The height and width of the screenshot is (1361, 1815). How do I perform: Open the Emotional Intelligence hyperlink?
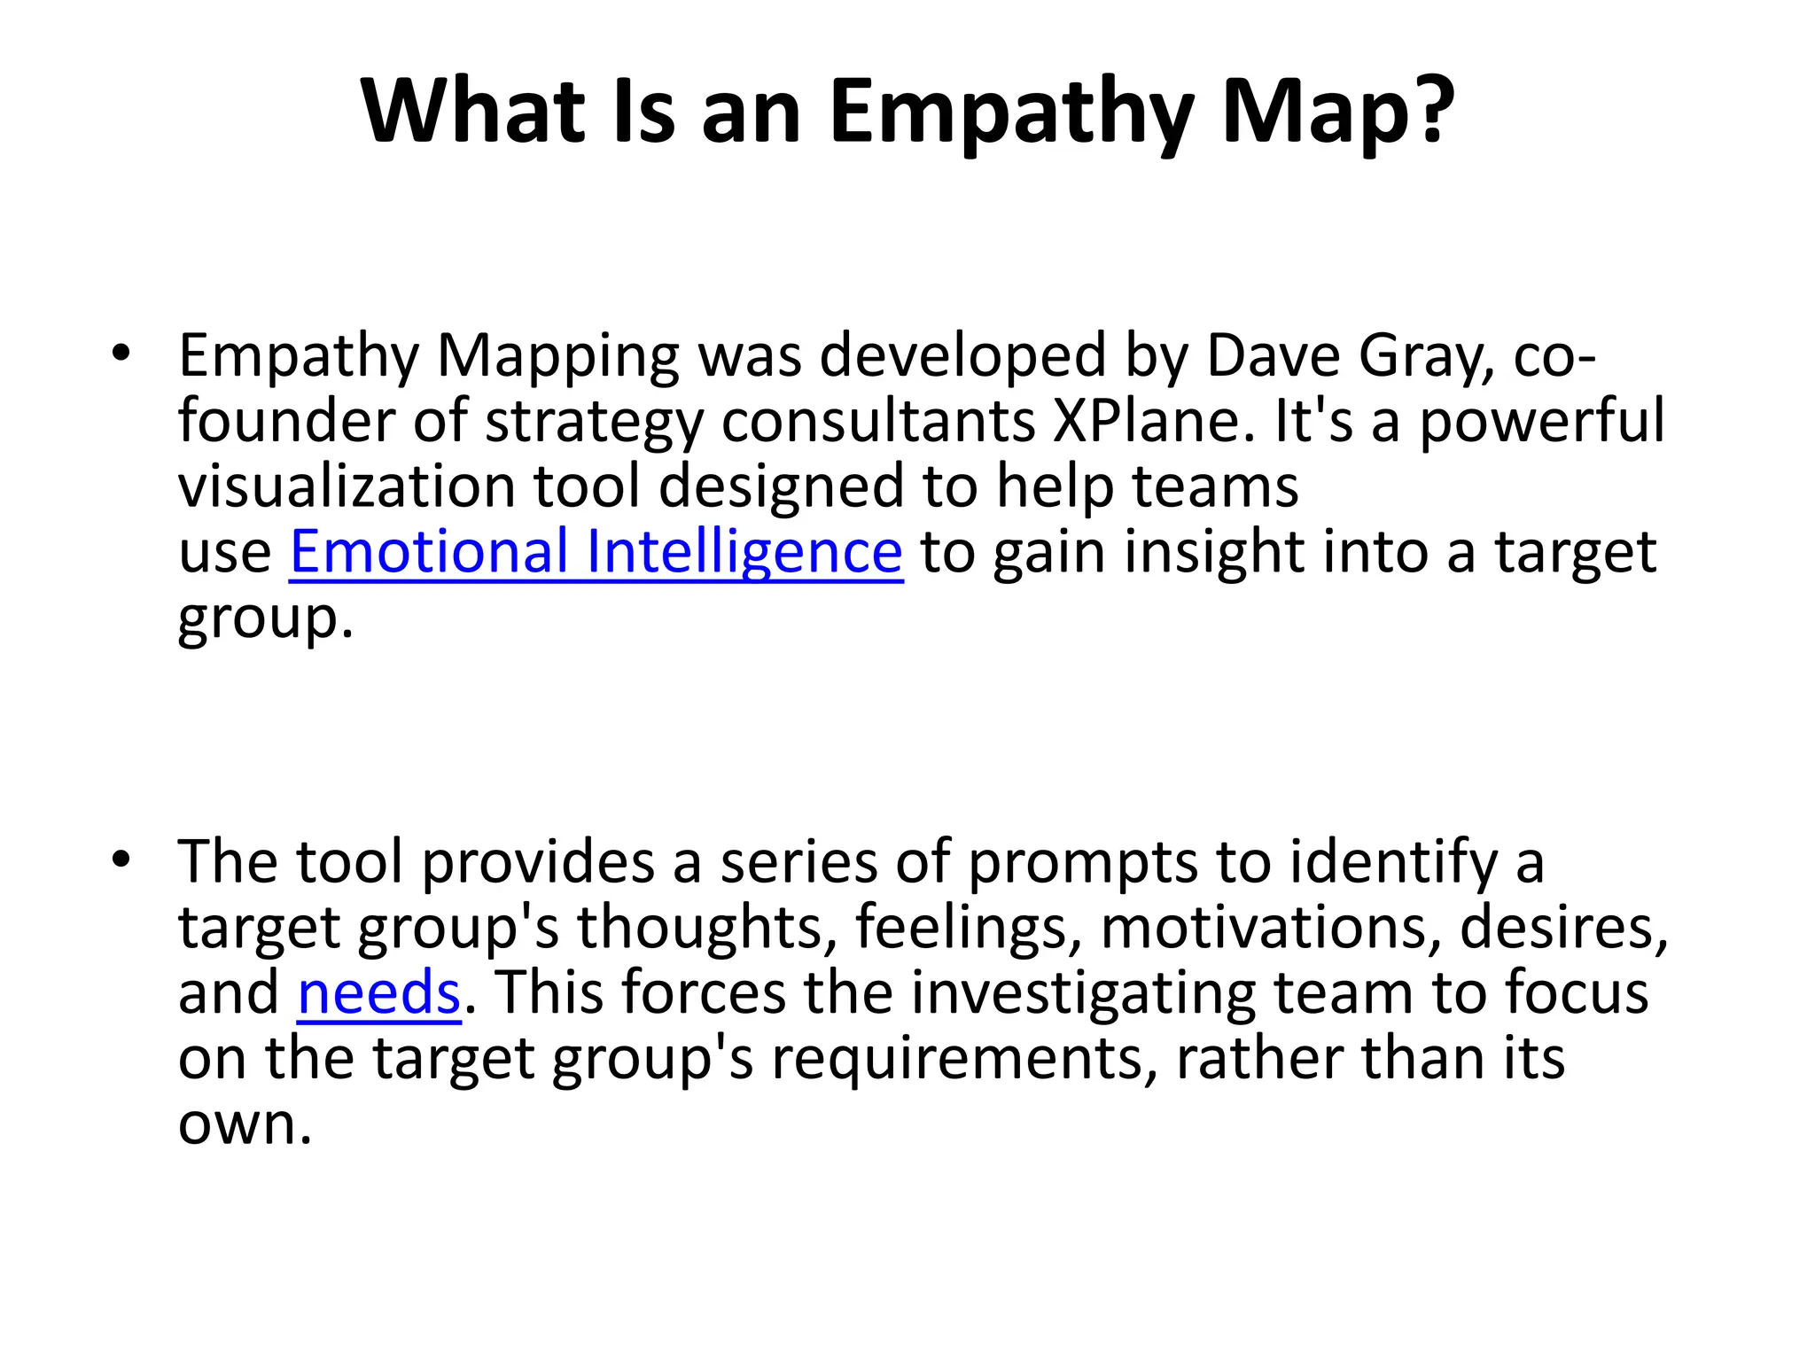pos(596,552)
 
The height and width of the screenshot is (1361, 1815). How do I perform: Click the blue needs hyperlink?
pos(378,992)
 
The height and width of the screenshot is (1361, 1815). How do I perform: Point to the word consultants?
pos(877,422)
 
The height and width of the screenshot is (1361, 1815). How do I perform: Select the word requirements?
pos(965,1060)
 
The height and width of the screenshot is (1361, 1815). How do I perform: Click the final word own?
pos(245,1124)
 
